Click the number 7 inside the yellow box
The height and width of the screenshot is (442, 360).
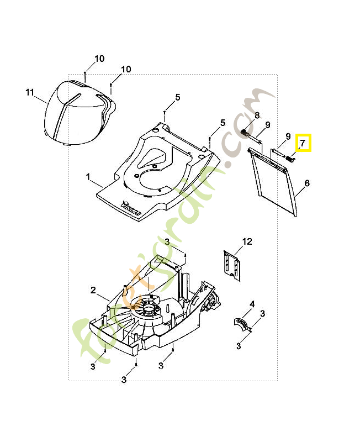303,143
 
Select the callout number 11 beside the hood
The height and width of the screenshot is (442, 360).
30,92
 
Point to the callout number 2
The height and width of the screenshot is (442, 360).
93,290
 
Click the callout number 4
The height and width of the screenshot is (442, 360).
252,304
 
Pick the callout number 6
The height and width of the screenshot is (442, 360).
306,183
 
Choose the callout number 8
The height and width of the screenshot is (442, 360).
257,115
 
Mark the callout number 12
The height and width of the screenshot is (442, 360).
247,241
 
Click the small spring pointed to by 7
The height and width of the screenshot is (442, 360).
290,158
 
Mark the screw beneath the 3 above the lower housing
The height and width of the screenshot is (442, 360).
186,254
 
